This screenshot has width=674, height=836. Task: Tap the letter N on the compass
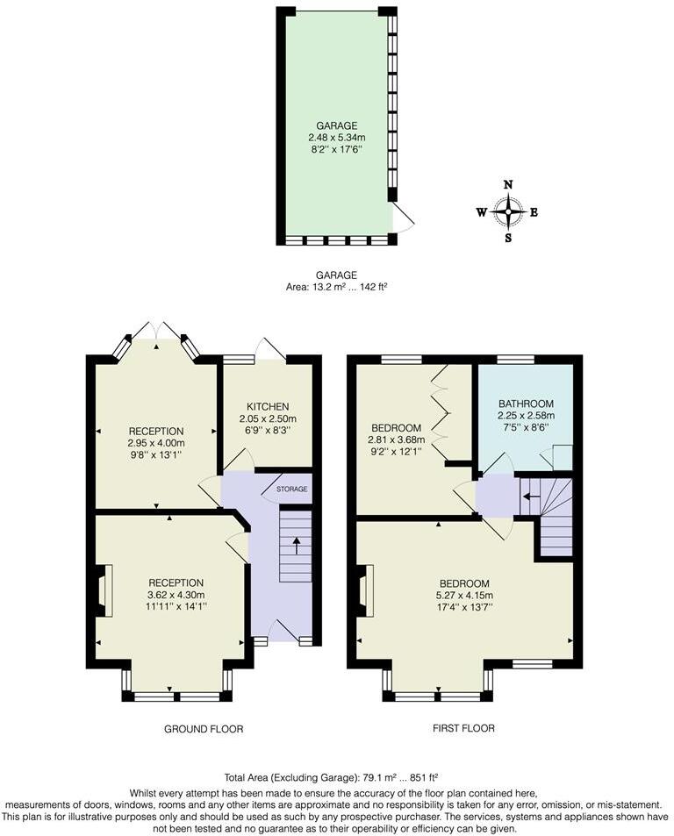click(x=507, y=185)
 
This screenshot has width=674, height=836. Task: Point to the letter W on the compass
click(x=481, y=212)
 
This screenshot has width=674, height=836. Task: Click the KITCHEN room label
click(x=268, y=406)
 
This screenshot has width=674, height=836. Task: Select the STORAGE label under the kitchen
click(x=292, y=489)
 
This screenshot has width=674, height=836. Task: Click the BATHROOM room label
click(x=527, y=404)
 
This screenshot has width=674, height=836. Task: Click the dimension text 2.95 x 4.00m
click(x=156, y=443)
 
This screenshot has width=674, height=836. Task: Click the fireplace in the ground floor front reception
click(x=104, y=591)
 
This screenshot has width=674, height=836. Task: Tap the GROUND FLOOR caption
click(x=203, y=729)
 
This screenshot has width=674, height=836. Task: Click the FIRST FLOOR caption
click(x=464, y=729)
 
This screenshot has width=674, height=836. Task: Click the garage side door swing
click(x=401, y=218)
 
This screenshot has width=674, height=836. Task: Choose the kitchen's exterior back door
click(x=269, y=349)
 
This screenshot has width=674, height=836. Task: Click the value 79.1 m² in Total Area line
click(x=380, y=777)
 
